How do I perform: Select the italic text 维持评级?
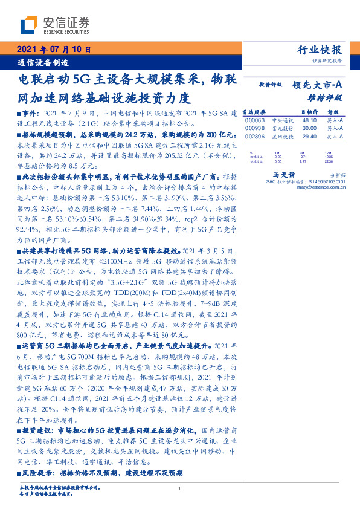[329, 97]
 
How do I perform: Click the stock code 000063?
[255, 120]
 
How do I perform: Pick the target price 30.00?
[309, 128]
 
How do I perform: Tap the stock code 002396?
[255, 137]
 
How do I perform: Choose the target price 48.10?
[309, 120]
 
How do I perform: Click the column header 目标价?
[309, 112]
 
